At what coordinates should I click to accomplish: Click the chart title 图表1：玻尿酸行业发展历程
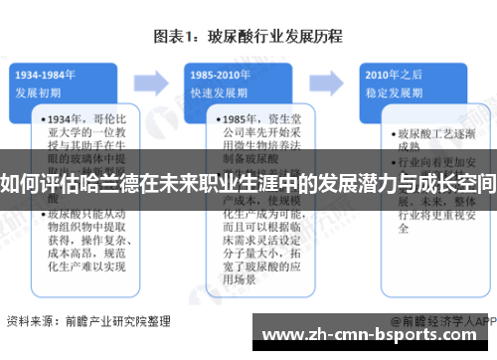[x=248, y=37]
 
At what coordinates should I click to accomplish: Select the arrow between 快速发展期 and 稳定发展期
[x=330, y=79]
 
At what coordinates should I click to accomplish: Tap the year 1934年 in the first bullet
[x=67, y=118]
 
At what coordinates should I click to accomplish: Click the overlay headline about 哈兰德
[x=248, y=183]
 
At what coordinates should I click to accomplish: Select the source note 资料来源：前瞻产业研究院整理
[x=87, y=321]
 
